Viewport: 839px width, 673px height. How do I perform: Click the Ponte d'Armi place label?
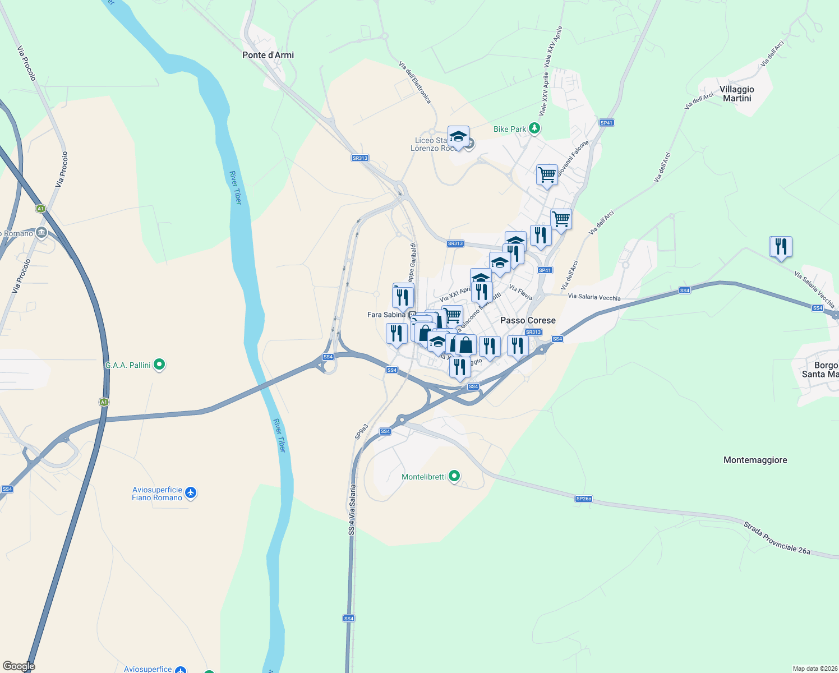click(268, 55)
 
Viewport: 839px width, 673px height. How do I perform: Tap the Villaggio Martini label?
click(737, 94)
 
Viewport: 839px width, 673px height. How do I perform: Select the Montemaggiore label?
click(755, 460)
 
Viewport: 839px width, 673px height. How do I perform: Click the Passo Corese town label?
click(528, 320)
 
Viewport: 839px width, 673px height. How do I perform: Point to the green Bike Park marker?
click(534, 129)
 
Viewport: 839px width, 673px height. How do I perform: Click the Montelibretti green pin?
click(455, 477)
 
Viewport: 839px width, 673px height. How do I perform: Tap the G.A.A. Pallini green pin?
click(159, 365)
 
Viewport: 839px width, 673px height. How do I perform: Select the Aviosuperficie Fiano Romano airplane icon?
click(191, 493)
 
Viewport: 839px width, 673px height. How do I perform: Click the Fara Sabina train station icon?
click(412, 315)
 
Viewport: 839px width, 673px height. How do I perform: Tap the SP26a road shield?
click(584, 499)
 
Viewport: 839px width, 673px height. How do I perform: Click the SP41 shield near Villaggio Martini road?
click(606, 122)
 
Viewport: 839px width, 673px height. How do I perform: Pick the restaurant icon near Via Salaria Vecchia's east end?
click(780, 246)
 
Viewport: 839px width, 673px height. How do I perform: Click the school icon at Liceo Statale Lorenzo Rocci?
click(458, 136)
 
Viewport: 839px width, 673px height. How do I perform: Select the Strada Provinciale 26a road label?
click(777, 538)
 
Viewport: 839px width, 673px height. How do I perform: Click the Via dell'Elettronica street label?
click(415, 82)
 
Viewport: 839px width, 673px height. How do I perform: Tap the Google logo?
click(19, 666)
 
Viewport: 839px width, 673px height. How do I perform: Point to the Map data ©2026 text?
click(814, 669)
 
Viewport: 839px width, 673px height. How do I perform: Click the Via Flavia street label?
click(520, 292)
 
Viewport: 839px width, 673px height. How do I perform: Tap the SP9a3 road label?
click(361, 431)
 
